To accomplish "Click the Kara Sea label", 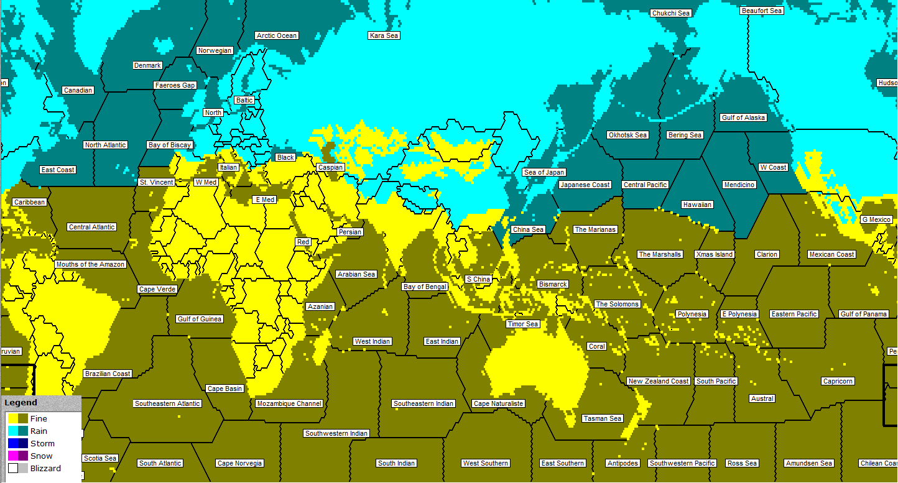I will (x=384, y=35).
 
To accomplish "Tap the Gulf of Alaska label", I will (x=743, y=117).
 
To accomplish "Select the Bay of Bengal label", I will (x=425, y=287).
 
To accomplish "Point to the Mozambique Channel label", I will (x=289, y=403).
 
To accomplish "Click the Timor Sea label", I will (x=523, y=324).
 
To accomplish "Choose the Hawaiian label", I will (x=697, y=205).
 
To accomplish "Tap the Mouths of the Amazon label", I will (x=91, y=264).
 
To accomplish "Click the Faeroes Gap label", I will (x=175, y=85).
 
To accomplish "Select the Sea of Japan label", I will (x=544, y=172).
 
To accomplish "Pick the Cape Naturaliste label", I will (x=499, y=403).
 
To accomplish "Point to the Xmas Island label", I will (x=715, y=254).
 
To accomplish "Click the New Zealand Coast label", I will (x=659, y=381).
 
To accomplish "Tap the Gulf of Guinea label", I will (x=200, y=319).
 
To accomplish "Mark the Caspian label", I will (x=330, y=167).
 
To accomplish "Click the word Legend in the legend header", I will (x=21, y=403).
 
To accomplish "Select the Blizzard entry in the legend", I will (x=45, y=468).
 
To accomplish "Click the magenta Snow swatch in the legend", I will (x=12, y=456).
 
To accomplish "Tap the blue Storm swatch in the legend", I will (x=12, y=443).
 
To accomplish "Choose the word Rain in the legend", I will (x=39, y=431).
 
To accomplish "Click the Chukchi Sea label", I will (x=671, y=13).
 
